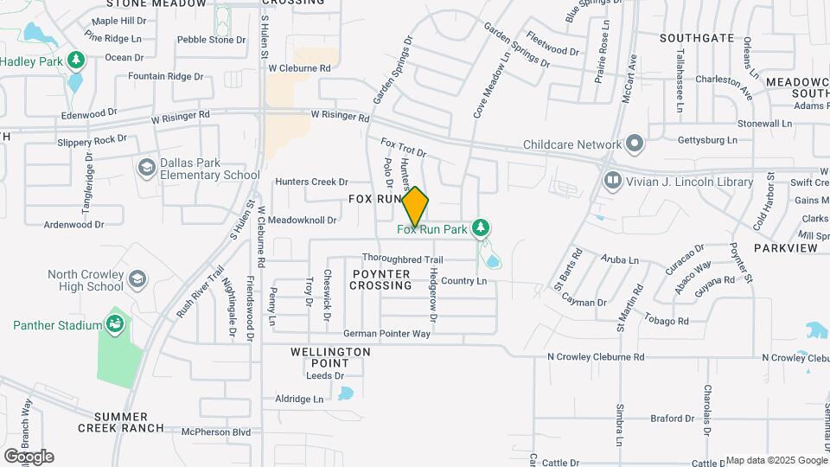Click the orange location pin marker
click(415, 207)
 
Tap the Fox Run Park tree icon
click(482, 229)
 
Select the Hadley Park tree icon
click(76, 61)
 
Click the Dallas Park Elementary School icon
click(146, 166)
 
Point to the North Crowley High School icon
click(137, 278)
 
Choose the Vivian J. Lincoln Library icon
click(612, 181)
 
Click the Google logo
click(29, 457)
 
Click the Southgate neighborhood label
click(697, 38)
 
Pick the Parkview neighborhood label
click(785, 248)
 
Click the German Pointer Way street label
click(386, 334)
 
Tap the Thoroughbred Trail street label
click(402, 259)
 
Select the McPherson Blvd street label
click(215, 432)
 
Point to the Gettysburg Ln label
click(707, 140)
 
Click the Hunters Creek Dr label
click(311, 182)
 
